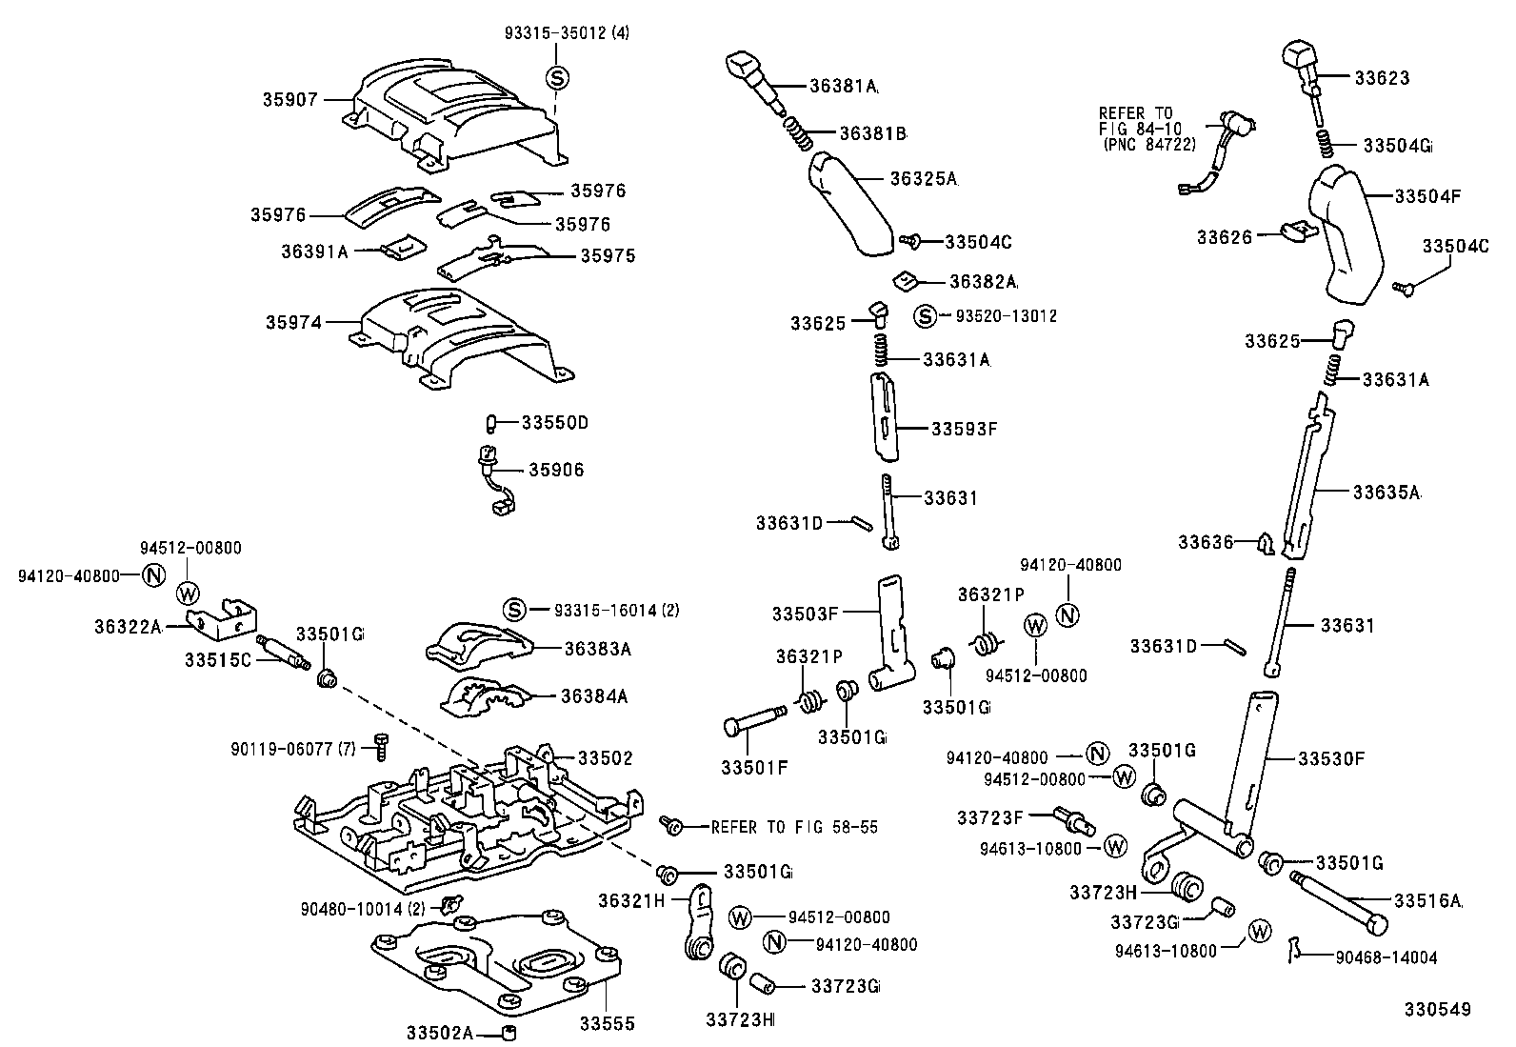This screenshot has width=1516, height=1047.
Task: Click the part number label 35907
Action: pyautogui.click(x=290, y=99)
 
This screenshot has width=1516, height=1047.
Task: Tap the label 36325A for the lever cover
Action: pyautogui.click(x=923, y=178)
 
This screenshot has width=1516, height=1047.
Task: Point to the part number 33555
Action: pyautogui.click(x=607, y=1024)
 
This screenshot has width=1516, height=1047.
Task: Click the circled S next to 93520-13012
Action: pyautogui.click(x=925, y=315)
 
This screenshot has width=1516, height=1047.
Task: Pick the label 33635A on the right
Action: pyautogui.click(x=1386, y=493)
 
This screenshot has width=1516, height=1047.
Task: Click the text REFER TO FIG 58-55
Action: pyautogui.click(x=794, y=828)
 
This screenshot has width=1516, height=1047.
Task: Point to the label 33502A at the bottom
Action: pyautogui.click(x=439, y=1033)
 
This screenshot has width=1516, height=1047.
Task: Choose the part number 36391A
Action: pyautogui.click(x=314, y=252)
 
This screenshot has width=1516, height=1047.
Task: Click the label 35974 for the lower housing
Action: pyautogui.click(x=293, y=323)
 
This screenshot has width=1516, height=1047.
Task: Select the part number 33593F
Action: pyautogui.click(x=964, y=429)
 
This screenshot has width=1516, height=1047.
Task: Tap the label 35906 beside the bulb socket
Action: pyautogui.click(x=556, y=470)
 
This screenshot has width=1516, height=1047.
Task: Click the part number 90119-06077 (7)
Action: pyautogui.click(x=293, y=750)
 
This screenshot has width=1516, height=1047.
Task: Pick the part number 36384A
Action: pyautogui.click(x=594, y=696)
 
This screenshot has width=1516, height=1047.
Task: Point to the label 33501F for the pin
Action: pyautogui.click(x=753, y=767)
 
